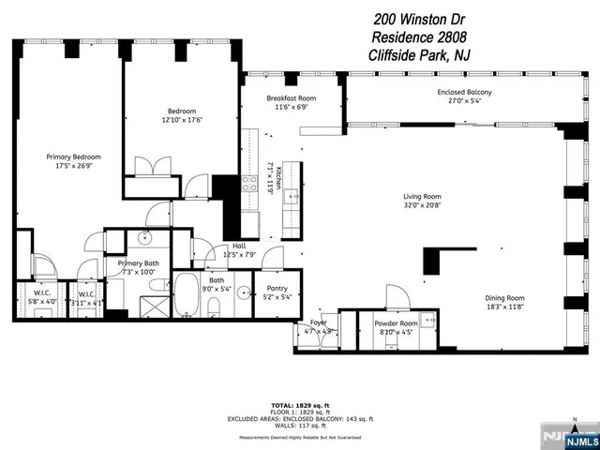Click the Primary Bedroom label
click(x=74, y=157)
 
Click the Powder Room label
click(x=396, y=322)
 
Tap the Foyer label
click(x=319, y=322)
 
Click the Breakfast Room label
click(x=291, y=98)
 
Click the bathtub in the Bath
click(x=186, y=294)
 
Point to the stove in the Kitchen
click(x=250, y=182)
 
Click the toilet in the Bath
click(x=214, y=306)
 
